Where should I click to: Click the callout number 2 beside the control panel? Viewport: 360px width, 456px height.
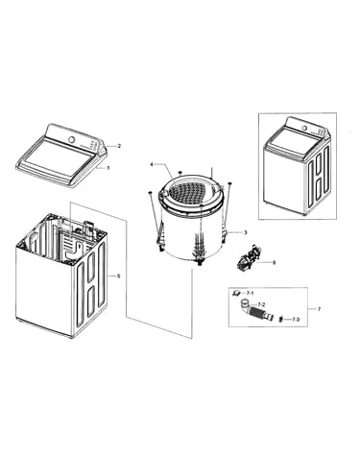coord(119,146)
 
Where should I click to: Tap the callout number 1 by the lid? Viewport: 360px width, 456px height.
coord(108,168)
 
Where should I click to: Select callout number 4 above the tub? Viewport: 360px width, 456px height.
coord(152,164)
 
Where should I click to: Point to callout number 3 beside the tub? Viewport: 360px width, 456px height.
coord(246,232)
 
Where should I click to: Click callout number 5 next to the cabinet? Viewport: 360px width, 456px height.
coord(119,276)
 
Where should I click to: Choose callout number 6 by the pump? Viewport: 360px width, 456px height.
coord(274,263)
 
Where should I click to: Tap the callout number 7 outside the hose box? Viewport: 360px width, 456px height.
coord(319,309)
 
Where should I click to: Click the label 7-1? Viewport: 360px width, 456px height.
coord(250,293)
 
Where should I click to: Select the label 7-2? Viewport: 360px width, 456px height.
coord(261,304)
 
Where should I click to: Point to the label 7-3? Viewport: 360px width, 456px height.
coord(296,320)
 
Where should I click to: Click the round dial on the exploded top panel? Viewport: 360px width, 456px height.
coord(72,140)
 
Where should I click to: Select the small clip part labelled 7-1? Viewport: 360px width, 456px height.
coord(236,292)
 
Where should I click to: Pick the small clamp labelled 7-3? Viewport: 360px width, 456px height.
coord(280,319)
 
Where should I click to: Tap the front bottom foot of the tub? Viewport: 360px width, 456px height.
coord(201,262)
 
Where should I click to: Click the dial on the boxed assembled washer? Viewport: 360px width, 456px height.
coord(304,128)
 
